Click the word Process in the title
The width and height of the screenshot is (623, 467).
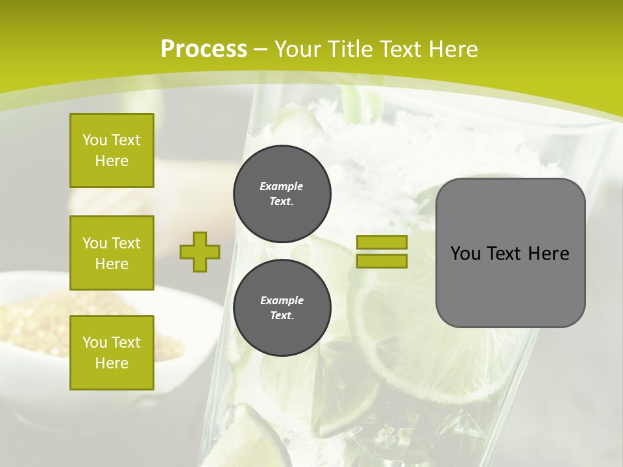[204, 49]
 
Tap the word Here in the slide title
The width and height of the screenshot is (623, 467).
[452, 49]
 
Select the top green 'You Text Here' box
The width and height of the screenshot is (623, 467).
[112, 150]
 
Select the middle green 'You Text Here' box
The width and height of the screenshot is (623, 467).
[112, 253]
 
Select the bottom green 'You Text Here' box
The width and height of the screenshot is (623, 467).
[112, 353]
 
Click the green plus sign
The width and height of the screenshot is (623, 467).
[200, 252]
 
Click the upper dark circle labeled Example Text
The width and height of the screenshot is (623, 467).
[282, 194]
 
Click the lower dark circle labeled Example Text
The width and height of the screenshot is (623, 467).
[282, 308]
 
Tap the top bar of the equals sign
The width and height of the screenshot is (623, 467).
[382, 243]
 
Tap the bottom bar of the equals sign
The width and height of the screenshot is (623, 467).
[382, 261]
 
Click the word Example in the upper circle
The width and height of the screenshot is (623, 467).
[282, 186]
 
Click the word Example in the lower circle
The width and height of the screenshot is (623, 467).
[282, 300]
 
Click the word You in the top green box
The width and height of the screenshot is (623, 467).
[95, 140]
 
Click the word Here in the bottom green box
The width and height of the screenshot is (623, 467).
[112, 363]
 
